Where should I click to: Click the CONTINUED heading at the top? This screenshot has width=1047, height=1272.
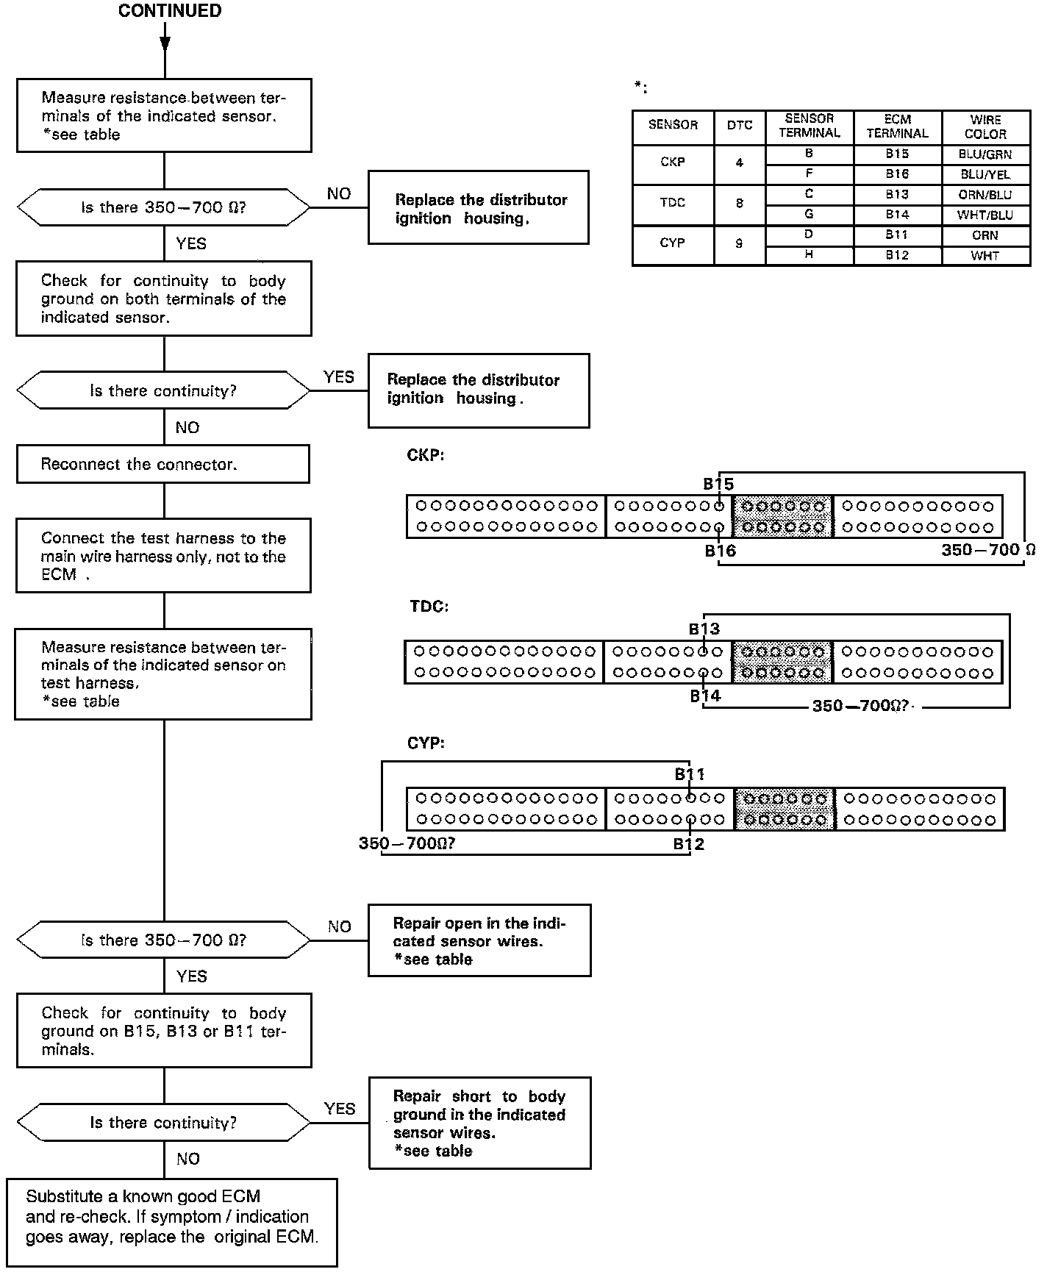click(x=169, y=11)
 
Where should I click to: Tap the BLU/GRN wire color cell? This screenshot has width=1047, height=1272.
click(x=985, y=154)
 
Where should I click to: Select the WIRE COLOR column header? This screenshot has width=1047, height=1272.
click(x=985, y=126)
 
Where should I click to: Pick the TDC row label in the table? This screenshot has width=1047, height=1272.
click(x=672, y=203)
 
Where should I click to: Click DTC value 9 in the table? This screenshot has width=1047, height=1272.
click(x=739, y=243)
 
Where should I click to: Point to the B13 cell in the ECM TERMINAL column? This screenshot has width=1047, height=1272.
click(x=897, y=195)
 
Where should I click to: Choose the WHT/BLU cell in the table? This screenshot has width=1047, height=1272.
click(x=985, y=215)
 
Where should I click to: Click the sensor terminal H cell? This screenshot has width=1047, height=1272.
click(x=809, y=254)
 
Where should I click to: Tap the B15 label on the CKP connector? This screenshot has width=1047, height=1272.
click(x=718, y=484)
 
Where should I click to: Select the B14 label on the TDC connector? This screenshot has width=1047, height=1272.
click(x=704, y=696)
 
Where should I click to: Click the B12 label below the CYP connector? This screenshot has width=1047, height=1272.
click(x=688, y=844)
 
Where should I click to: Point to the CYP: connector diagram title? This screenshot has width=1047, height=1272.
click(x=426, y=743)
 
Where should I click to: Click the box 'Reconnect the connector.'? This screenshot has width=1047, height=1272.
click(x=162, y=465)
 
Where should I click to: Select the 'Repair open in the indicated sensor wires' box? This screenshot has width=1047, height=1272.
click(x=479, y=940)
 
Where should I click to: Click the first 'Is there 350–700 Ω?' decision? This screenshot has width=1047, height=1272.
click(x=163, y=208)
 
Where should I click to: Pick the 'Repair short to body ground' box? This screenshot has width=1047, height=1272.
click(x=479, y=1123)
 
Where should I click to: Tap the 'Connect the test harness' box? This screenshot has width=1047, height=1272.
click(x=163, y=556)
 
